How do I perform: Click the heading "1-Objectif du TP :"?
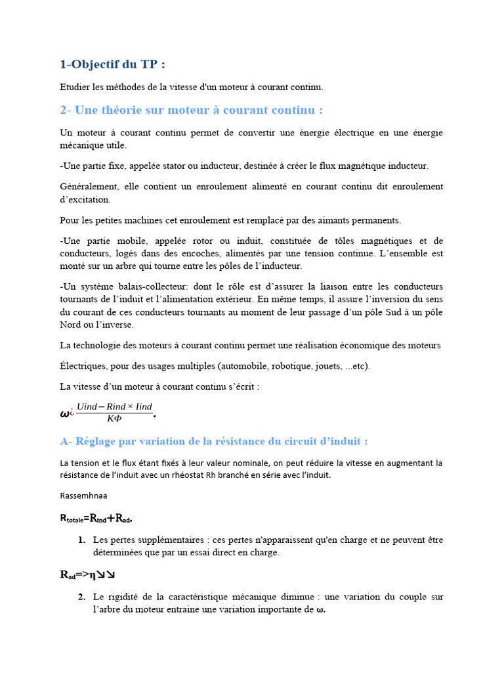[112, 64]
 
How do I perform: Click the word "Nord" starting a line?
[71, 325]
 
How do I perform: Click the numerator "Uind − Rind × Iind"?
[114, 407]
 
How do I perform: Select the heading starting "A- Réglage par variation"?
[214, 441]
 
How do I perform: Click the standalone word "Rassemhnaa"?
[83, 496]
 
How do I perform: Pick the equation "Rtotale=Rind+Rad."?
[96, 519]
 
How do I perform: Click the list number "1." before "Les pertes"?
[81, 540]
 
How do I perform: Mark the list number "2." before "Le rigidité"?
[81, 597]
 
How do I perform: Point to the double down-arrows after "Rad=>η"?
[106, 574]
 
